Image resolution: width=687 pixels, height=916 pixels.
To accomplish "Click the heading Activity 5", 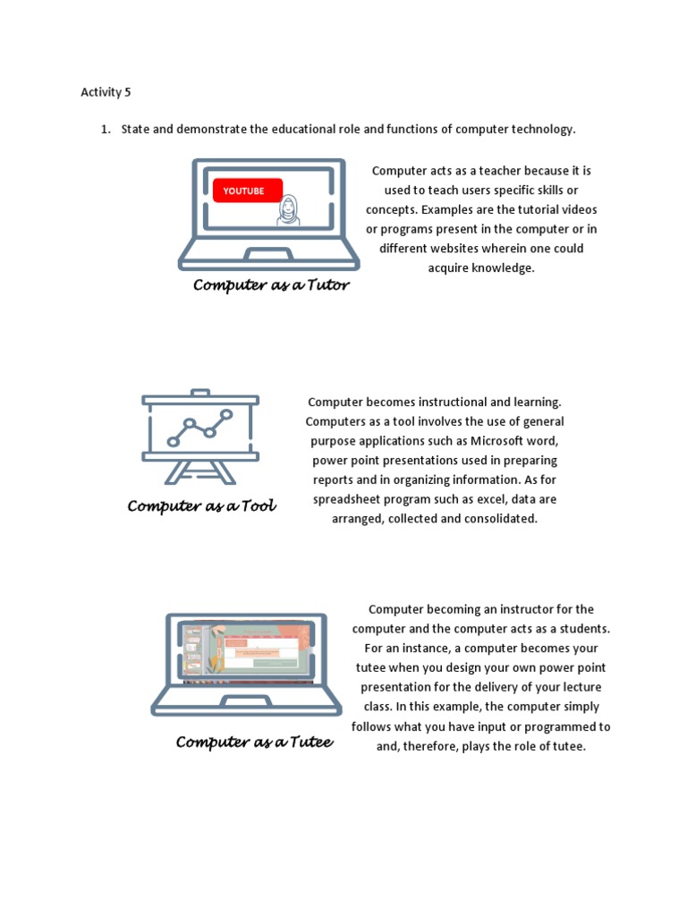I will pos(106,92).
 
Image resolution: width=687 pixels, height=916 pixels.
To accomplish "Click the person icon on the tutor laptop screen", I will pos(288,211).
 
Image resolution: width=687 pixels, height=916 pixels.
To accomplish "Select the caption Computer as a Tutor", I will pos(271,285).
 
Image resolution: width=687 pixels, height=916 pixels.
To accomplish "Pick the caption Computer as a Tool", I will pos(201,506).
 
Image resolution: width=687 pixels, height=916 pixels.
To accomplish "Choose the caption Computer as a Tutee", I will pos(254,742).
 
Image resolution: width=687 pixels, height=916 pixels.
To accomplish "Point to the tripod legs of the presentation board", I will pos(200,473).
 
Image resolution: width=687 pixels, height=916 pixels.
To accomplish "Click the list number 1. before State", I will pos(105,130).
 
